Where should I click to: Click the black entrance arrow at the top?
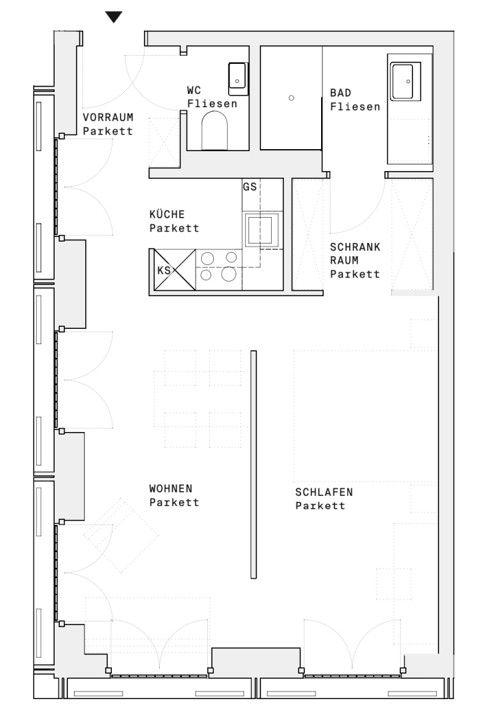(115, 17)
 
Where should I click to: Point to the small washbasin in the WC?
(237, 75)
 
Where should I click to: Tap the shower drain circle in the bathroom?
(291, 98)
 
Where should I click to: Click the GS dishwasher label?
(250, 186)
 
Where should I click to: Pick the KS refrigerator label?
(164, 270)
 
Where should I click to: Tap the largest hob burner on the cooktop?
(229, 273)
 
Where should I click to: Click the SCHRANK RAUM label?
(354, 260)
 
